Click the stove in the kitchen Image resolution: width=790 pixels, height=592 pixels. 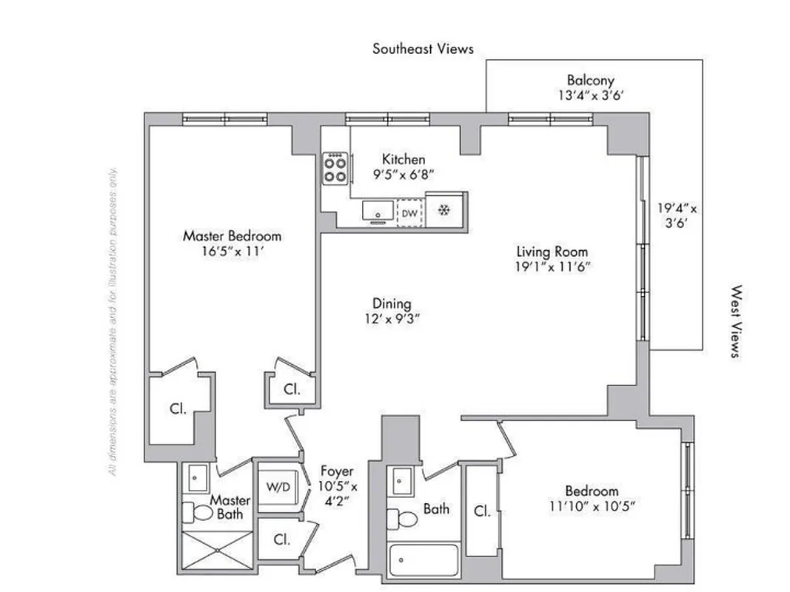point(335,168)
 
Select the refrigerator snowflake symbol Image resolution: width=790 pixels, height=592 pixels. point(444,211)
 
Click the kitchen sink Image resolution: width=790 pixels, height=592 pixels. point(378,211)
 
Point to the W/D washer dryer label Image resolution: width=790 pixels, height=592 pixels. point(278,488)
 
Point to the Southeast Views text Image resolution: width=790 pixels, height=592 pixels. point(423,49)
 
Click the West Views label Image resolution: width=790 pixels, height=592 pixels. point(735,322)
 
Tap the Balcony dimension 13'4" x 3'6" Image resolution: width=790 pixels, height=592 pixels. point(590,95)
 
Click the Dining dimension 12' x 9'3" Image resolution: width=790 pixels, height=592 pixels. point(392,319)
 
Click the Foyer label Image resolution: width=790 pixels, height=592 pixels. point(337,471)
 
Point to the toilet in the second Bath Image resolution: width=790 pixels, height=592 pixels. point(404,518)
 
